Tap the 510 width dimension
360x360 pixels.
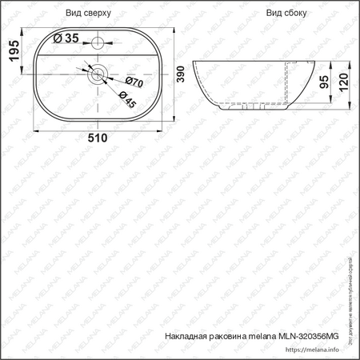point(98,138)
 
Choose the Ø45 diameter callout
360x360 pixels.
point(126,98)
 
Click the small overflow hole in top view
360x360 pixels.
point(98,40)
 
